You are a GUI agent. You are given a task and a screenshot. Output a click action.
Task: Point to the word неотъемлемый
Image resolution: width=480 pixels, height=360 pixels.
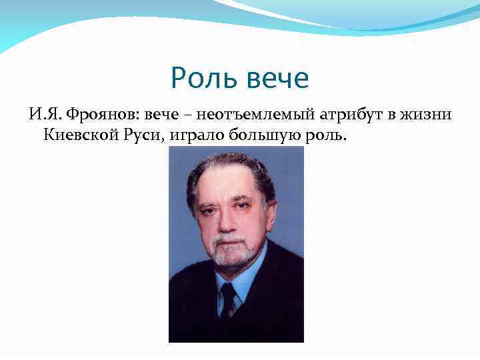(239, 115)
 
